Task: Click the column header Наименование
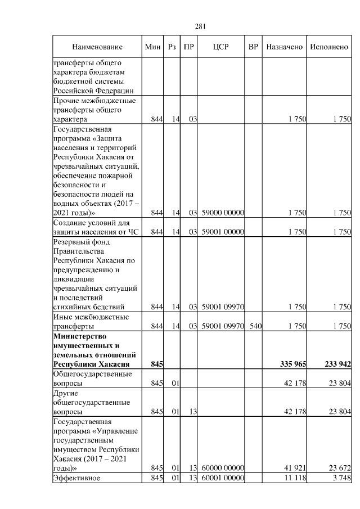click(96, 47)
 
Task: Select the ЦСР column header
click(220, 47)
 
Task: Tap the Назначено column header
click(285, 47)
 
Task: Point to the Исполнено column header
click(329, 47)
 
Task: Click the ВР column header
click(253, 47)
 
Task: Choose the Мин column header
click(153, 47)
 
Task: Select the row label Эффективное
click(76, 478)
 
